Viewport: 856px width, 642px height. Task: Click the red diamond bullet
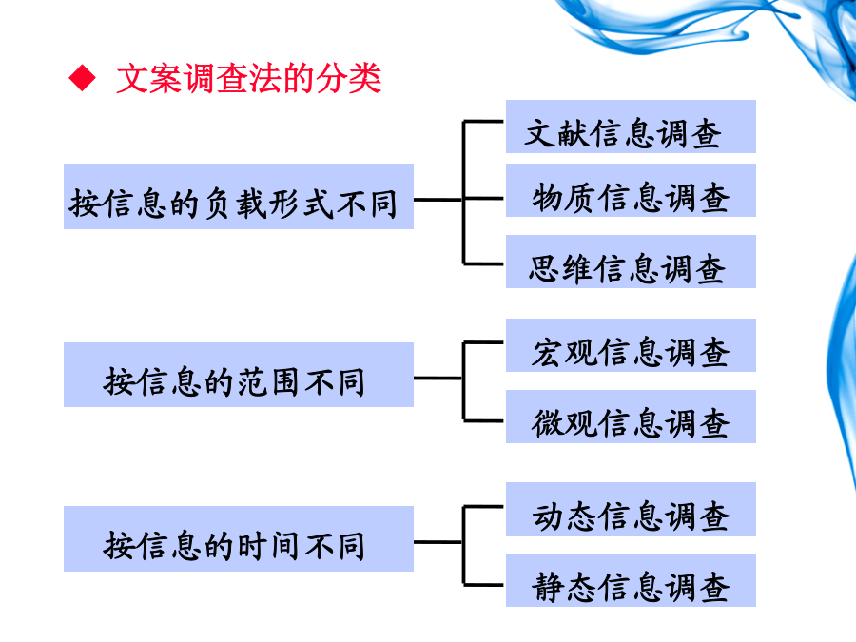82,78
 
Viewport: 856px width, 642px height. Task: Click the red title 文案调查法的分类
249,78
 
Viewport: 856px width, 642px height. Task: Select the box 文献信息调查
631,126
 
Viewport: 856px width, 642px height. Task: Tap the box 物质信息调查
631,190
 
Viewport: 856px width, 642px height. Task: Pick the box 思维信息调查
631,262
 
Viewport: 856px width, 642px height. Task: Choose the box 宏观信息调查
631,345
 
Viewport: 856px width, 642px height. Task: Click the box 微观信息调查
631,417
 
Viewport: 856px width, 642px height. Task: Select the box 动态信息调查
631,510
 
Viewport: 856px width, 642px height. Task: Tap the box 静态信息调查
631,580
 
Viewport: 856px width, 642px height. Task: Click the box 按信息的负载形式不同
239,197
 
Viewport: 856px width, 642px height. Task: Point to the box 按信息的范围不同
239,375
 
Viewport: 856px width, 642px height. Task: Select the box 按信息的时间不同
239,539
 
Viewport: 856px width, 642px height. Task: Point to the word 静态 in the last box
565,588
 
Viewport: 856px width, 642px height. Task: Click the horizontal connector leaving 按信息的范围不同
438,378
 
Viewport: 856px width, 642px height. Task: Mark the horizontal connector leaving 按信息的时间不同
438,542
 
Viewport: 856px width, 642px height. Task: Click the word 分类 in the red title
349,78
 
